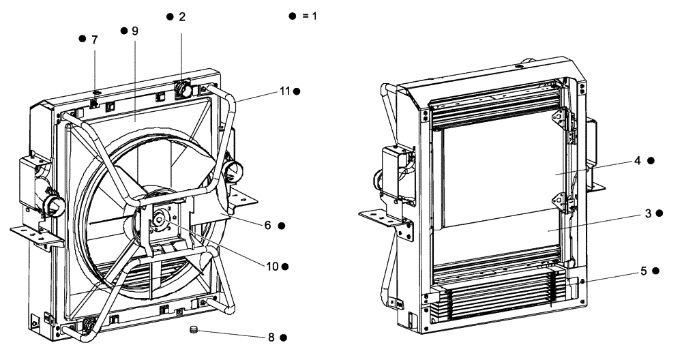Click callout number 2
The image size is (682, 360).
[182, 16]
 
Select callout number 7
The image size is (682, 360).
[94, 39]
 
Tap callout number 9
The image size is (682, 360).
[134, 31]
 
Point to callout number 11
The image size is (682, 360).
[284, 91]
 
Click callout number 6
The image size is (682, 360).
[269, 225]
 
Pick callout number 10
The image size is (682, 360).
[272, 265]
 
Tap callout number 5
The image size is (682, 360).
[644, 270]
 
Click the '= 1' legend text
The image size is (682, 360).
[310, 16]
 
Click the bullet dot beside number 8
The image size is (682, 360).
[283, 336]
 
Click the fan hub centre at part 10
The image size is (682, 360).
[158, 220]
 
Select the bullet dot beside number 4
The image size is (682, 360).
[651, 161]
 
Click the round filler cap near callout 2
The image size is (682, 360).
[183, 88]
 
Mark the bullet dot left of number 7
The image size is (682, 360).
[83, 39]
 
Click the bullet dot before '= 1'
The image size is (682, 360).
[293, 16]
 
